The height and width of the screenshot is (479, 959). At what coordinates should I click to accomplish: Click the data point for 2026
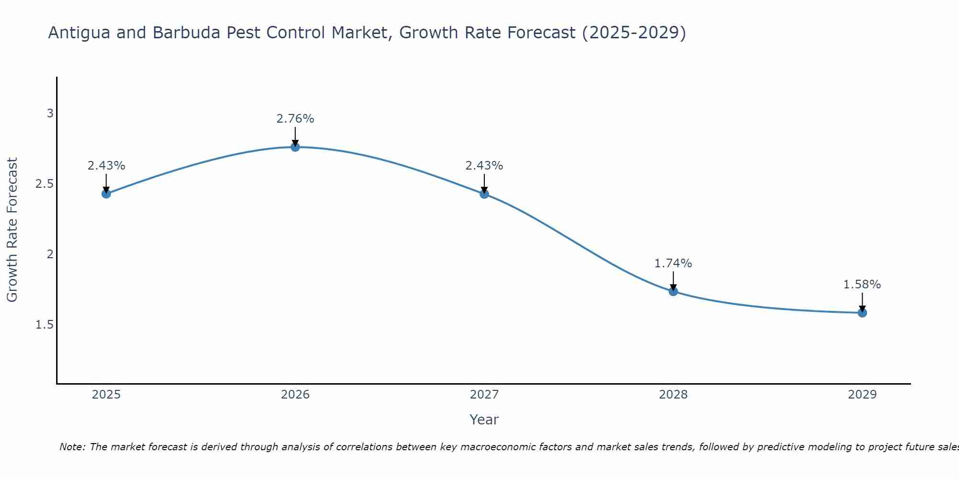click(x=295, y=147)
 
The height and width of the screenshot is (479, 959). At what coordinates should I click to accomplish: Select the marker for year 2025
click(x=106, y=194)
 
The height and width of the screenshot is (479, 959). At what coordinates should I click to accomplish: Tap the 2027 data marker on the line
click(x=484, y=194)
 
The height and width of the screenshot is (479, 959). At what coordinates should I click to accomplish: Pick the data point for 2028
click(x=673, y=291)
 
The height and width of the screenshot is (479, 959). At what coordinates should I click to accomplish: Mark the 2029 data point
click(x=862, y=313)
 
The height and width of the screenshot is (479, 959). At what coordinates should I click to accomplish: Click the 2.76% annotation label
click(x=295, y=119)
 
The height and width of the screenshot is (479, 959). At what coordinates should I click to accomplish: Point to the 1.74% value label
click(x=673, y=263)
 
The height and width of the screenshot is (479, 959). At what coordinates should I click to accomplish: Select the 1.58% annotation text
click(x=862, y=285)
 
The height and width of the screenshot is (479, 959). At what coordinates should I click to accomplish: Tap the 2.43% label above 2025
click(x=106, y=166)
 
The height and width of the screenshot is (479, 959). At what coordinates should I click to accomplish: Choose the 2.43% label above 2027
click(x=484, y=166)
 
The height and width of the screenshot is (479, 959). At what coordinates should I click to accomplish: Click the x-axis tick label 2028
click(x=673, y=395)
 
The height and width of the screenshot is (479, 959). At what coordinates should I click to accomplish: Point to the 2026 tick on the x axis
click(x=295, y=395)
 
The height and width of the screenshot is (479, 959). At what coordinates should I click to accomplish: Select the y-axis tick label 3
click(x=50, y=114)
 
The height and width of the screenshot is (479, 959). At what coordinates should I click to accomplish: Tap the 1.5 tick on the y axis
click(x=44, y=325)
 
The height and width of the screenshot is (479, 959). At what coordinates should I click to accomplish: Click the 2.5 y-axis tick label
click(x=44, y=184)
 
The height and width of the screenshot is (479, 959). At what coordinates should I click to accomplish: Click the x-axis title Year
click(x=484, y=420)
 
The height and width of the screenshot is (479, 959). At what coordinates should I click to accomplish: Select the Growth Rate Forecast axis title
click(x=12, y=230)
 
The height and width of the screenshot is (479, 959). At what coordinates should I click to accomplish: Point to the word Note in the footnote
click(x=72, y=447)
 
